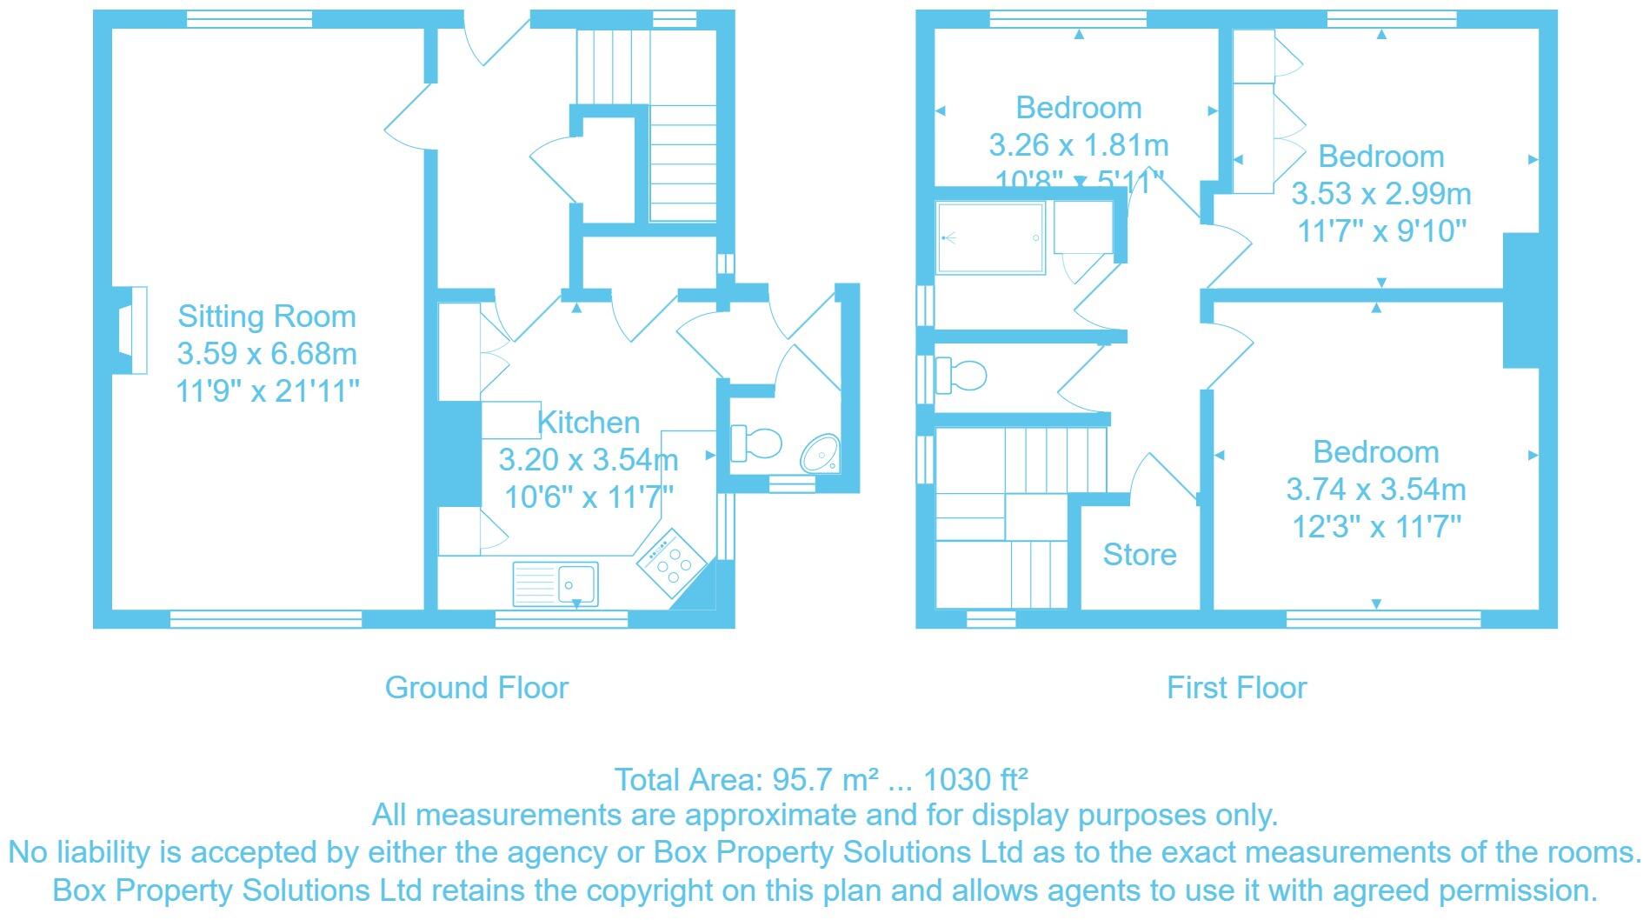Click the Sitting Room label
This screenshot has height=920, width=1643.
267,317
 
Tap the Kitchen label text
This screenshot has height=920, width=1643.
589,423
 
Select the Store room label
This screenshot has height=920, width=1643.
1139,555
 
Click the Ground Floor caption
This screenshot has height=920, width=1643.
476,688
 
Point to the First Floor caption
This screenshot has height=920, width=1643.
1236,688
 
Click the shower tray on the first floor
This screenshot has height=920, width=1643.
989,237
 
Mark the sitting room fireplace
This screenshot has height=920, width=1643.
132,330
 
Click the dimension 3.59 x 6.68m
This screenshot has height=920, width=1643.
267,354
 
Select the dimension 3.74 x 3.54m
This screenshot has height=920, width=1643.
1375,490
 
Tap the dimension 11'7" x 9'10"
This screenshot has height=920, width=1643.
1381,231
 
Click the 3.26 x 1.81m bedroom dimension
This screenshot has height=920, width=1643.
1078,145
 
